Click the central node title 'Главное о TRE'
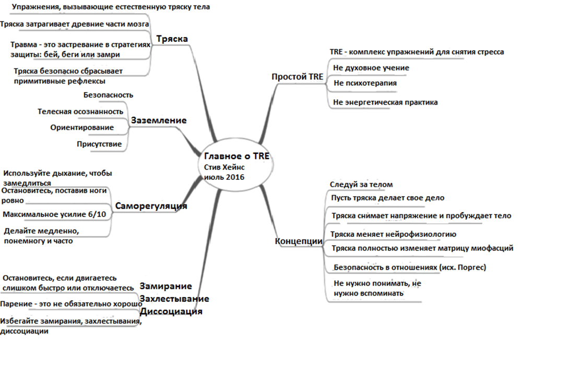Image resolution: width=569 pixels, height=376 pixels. coord(236,156)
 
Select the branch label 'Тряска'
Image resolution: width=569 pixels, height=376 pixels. coord(172,39)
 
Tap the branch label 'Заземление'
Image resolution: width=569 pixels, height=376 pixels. coord(159,120)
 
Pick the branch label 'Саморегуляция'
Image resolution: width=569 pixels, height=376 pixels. coord(151,206)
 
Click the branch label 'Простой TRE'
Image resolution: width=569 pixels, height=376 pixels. coord(297,77)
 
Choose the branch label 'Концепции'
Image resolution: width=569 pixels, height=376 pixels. coord(299,241)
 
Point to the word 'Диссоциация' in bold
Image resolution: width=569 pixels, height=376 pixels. coord(171,312)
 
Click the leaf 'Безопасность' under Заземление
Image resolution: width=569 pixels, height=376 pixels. coord(108,95)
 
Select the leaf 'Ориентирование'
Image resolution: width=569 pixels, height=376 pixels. coord(82,128)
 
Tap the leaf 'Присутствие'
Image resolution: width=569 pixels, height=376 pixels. coord(99,144)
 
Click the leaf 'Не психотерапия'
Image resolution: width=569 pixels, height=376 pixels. coord(365,83)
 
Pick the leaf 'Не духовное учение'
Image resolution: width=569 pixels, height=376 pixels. coord(371,67)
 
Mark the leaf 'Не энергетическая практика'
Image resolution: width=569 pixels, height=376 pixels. coord(385,102)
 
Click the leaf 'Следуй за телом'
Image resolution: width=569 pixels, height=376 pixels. coord(361,185)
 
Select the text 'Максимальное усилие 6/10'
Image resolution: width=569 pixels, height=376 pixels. coord(54,214)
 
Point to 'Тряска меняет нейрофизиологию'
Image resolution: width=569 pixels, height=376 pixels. coord(394,234)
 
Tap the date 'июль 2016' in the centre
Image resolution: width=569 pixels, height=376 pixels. coord(224,177)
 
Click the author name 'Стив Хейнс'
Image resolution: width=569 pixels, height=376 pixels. coord(224,167)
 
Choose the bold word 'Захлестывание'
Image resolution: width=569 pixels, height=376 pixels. coord(174,299)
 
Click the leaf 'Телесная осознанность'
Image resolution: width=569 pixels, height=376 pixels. coord(80,111)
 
